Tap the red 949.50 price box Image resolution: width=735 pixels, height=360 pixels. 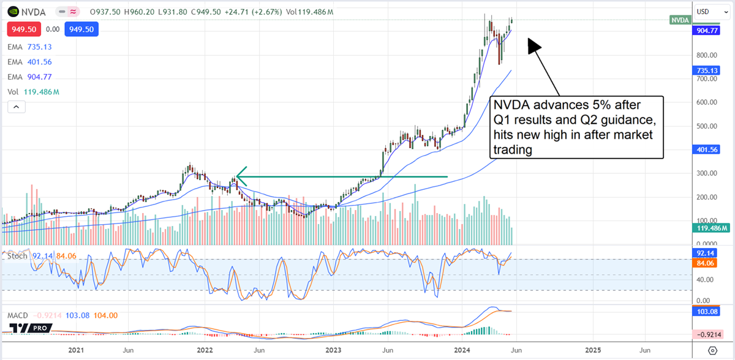[22, 29]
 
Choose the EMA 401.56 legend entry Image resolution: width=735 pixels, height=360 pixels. [28, 62]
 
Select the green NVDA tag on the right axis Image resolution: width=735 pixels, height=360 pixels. [679, 20]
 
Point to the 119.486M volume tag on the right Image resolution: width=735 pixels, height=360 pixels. [707, 228]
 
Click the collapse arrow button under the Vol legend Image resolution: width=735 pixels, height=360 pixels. [16, 107]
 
